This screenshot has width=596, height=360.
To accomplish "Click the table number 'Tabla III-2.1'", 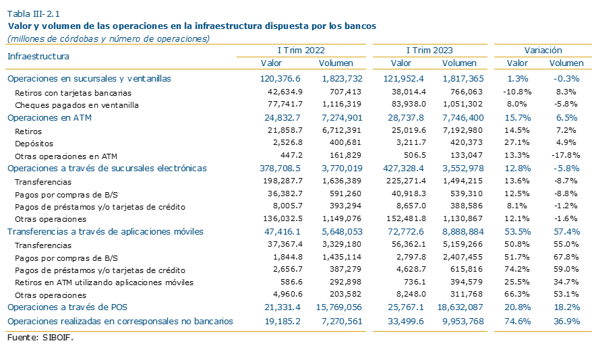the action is pos(34,14).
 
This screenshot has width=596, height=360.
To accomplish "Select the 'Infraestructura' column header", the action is pos(38,56).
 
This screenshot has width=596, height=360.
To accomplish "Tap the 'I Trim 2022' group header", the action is pos(301,50).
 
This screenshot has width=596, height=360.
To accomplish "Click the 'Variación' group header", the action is pos(543,50).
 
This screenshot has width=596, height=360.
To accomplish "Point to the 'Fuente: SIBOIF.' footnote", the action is pos(40,337).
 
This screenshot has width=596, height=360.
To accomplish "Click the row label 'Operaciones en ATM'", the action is pos(49,118).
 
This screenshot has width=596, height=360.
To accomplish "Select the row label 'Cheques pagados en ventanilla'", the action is pos(77,105).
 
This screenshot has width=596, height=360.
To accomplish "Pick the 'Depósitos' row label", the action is pos(34,144).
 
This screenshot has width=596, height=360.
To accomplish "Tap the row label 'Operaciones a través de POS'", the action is pos(67,307).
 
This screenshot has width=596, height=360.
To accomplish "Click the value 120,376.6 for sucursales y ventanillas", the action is pos(280,79).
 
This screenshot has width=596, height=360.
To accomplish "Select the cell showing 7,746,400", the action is pos(463,118).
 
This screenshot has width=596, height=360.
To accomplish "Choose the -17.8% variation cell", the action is pos(566,155).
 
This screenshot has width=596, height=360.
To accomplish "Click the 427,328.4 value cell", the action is pos(403,169).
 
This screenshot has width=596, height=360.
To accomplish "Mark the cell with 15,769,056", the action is pos(339,307).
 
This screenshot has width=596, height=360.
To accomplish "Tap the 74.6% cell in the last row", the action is pos(517,321).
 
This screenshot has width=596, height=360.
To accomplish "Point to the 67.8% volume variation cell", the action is pos(566,257).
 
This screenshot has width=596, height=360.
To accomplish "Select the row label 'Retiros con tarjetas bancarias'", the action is pos(73,93).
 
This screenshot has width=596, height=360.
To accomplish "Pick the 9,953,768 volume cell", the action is pos(463,321).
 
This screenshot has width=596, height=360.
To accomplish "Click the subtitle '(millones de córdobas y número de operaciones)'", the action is pos(109,39).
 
